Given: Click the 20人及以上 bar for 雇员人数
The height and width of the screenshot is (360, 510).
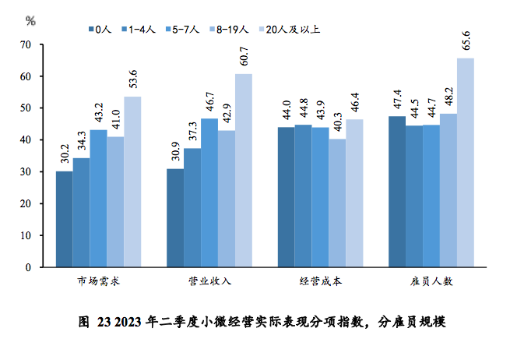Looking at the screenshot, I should (466, 162).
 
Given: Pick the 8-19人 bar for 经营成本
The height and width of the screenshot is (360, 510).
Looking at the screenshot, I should (337, 203).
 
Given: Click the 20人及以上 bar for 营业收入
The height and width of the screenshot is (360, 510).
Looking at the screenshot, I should (244, 170).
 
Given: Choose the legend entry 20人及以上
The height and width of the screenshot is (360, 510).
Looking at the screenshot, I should (290, 30).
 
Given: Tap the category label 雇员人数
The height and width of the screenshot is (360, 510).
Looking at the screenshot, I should (431, 281).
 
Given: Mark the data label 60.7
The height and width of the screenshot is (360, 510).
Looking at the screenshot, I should (244, 58).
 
